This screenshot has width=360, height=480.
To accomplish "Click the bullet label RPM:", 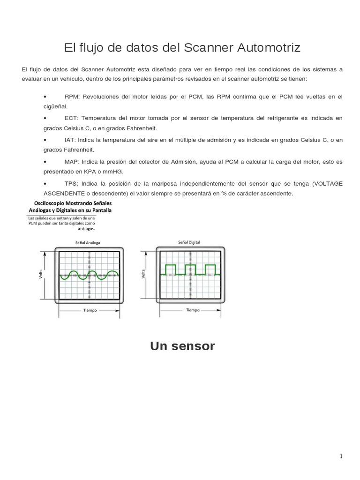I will coord(73,96).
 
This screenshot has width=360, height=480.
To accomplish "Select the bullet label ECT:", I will coord(73,118).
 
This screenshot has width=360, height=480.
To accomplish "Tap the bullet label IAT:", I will coord(71,140).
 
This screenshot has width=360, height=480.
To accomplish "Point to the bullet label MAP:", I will coord(73,162).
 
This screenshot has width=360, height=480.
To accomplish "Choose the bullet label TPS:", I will coord(72,183).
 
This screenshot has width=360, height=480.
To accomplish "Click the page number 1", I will coord(341,456).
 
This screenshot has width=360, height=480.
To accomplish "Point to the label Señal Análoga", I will coord(88,243).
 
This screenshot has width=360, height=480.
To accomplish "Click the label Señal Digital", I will coord(189,242).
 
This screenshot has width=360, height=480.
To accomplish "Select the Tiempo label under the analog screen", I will coord(90,311).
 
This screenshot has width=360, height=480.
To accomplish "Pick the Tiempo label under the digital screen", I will coord(193,310).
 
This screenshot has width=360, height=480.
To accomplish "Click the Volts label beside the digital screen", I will coord(143,274).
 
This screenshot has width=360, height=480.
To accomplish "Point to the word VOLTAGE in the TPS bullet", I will coord(328,183).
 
